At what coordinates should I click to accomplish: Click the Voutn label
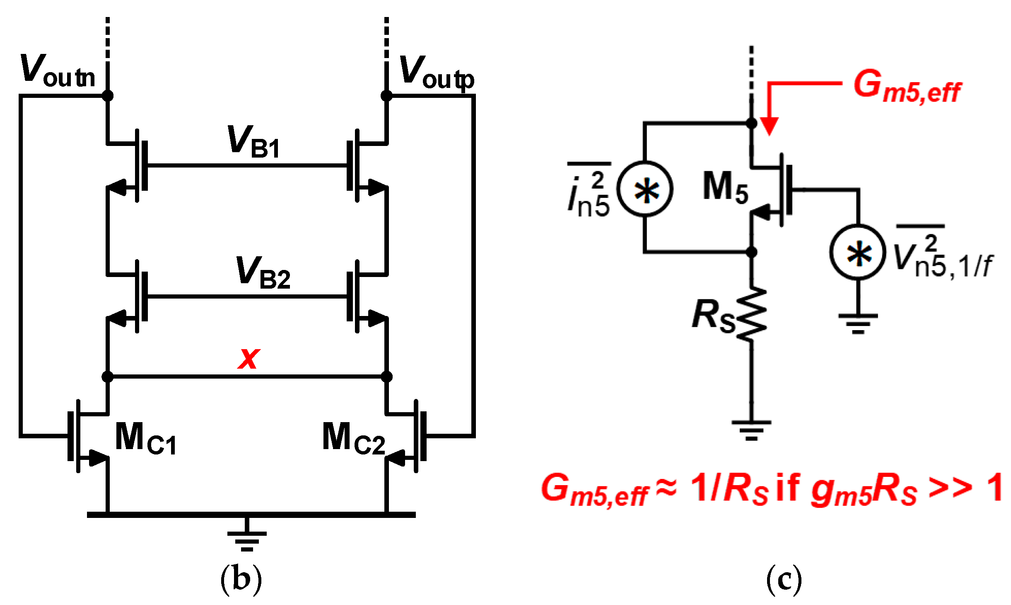(58, 70)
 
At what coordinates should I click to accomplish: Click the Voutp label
(437, 73)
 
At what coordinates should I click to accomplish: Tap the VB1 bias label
(253, 141)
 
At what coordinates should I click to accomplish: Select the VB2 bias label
(263, 272)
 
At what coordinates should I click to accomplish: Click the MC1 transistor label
(145, 438)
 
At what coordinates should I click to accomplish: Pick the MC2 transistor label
(353, 438)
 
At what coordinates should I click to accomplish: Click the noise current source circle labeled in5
(645, 189)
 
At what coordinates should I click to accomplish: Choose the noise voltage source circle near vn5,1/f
(858, 252)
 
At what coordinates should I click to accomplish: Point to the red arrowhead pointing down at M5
(769, 126)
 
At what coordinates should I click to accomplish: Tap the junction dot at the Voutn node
(107, 96)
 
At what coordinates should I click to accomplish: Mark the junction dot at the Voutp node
(386, 96)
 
